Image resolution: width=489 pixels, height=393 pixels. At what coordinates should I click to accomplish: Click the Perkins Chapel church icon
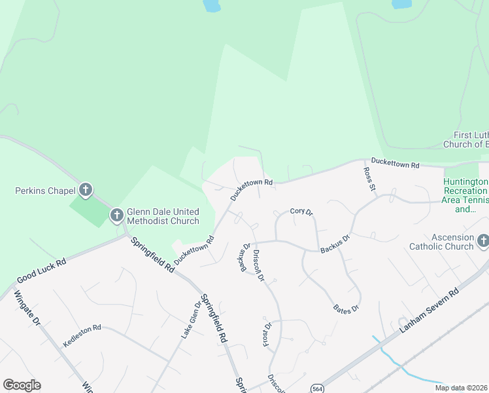tap(85, 191)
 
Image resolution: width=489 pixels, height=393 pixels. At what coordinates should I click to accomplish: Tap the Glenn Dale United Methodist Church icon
tap(117, 215)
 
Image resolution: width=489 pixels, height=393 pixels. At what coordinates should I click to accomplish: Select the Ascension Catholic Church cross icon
tap(482, 242)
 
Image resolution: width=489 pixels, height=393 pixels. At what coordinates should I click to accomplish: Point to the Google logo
tap(22, 385)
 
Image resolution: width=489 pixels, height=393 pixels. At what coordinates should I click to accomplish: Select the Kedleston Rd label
tap(82, 336)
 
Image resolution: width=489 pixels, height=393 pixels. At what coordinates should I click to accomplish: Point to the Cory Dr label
tap(302, 212)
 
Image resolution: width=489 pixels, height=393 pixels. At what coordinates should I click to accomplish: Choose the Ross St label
tap(370, 179)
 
